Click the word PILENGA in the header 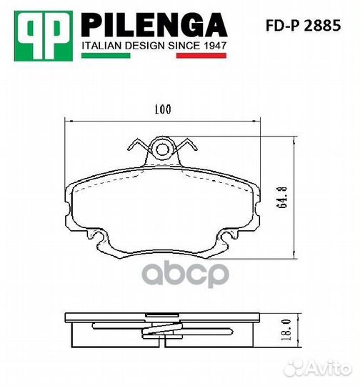coord(154,26)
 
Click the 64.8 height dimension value coord(284,195)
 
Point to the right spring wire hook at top coord(189,147)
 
